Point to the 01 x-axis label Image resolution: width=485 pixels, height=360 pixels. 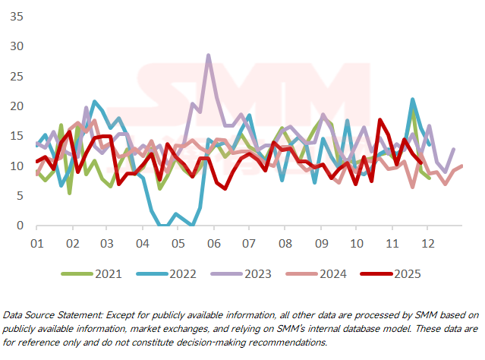click(36, 244)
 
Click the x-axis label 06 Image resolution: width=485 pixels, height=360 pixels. click(213, 244)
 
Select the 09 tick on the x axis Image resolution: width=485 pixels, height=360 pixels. click(321, 244)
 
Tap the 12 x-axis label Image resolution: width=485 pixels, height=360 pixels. click(427, 244)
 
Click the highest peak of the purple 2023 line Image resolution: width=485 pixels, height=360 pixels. click(208, 55)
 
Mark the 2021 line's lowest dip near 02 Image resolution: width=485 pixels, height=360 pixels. click(70, 193)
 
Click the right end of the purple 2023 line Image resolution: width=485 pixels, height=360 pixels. click(454, 150)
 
